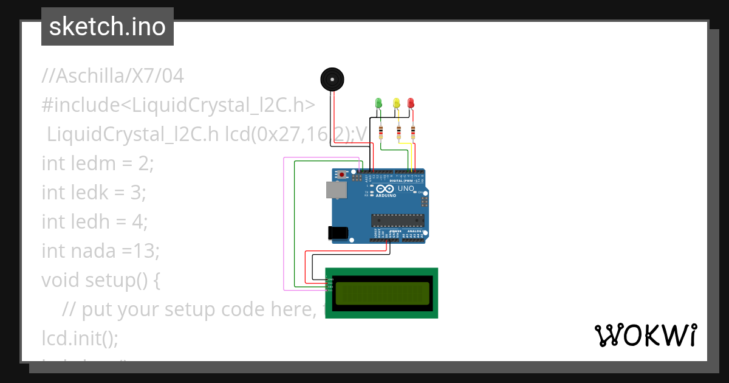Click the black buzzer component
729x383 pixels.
click(332, 80)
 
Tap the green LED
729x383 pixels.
click(378, 103)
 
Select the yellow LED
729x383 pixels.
click(396, 103)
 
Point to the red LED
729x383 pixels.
click(411, 103)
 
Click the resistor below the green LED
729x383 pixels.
click(381, 131)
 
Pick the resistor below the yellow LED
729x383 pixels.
click(399, 131)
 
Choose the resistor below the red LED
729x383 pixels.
click(413, 131)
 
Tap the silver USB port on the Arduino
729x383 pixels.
click(336, 190)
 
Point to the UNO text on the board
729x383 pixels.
click(406, 189)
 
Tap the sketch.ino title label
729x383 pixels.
click(108, 27)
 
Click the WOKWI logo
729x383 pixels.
click(645, 336)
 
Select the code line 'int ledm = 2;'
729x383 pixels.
click(98, 164)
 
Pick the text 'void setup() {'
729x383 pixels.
click(100, 280)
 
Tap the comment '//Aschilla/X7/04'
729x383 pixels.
click(112, 77)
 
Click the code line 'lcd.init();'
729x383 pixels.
click(80, 337)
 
